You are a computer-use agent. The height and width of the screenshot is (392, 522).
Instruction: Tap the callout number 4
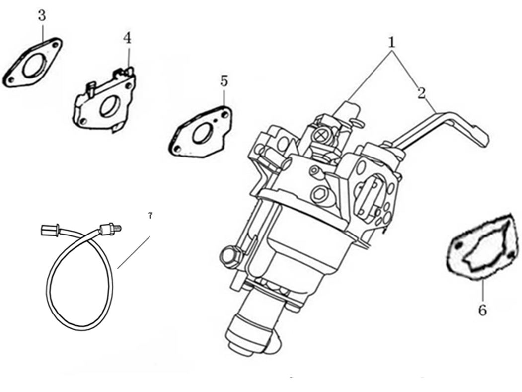tap(128, 38)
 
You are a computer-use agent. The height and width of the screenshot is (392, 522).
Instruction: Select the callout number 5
tap(224, 80)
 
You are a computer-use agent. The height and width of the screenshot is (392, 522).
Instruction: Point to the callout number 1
tap(392, 42)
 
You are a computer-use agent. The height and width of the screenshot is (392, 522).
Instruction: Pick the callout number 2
tap(422, 93)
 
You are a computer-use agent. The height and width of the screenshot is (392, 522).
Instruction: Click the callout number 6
tap(482, 310)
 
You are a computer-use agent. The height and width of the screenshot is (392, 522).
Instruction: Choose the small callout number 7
tap(150, 216)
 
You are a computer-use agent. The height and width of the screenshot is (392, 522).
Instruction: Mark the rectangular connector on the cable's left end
tap(48, 230)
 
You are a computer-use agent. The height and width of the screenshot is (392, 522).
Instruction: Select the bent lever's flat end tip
tap(483, 137)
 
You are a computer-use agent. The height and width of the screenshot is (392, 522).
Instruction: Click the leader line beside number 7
tap(134, 252)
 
